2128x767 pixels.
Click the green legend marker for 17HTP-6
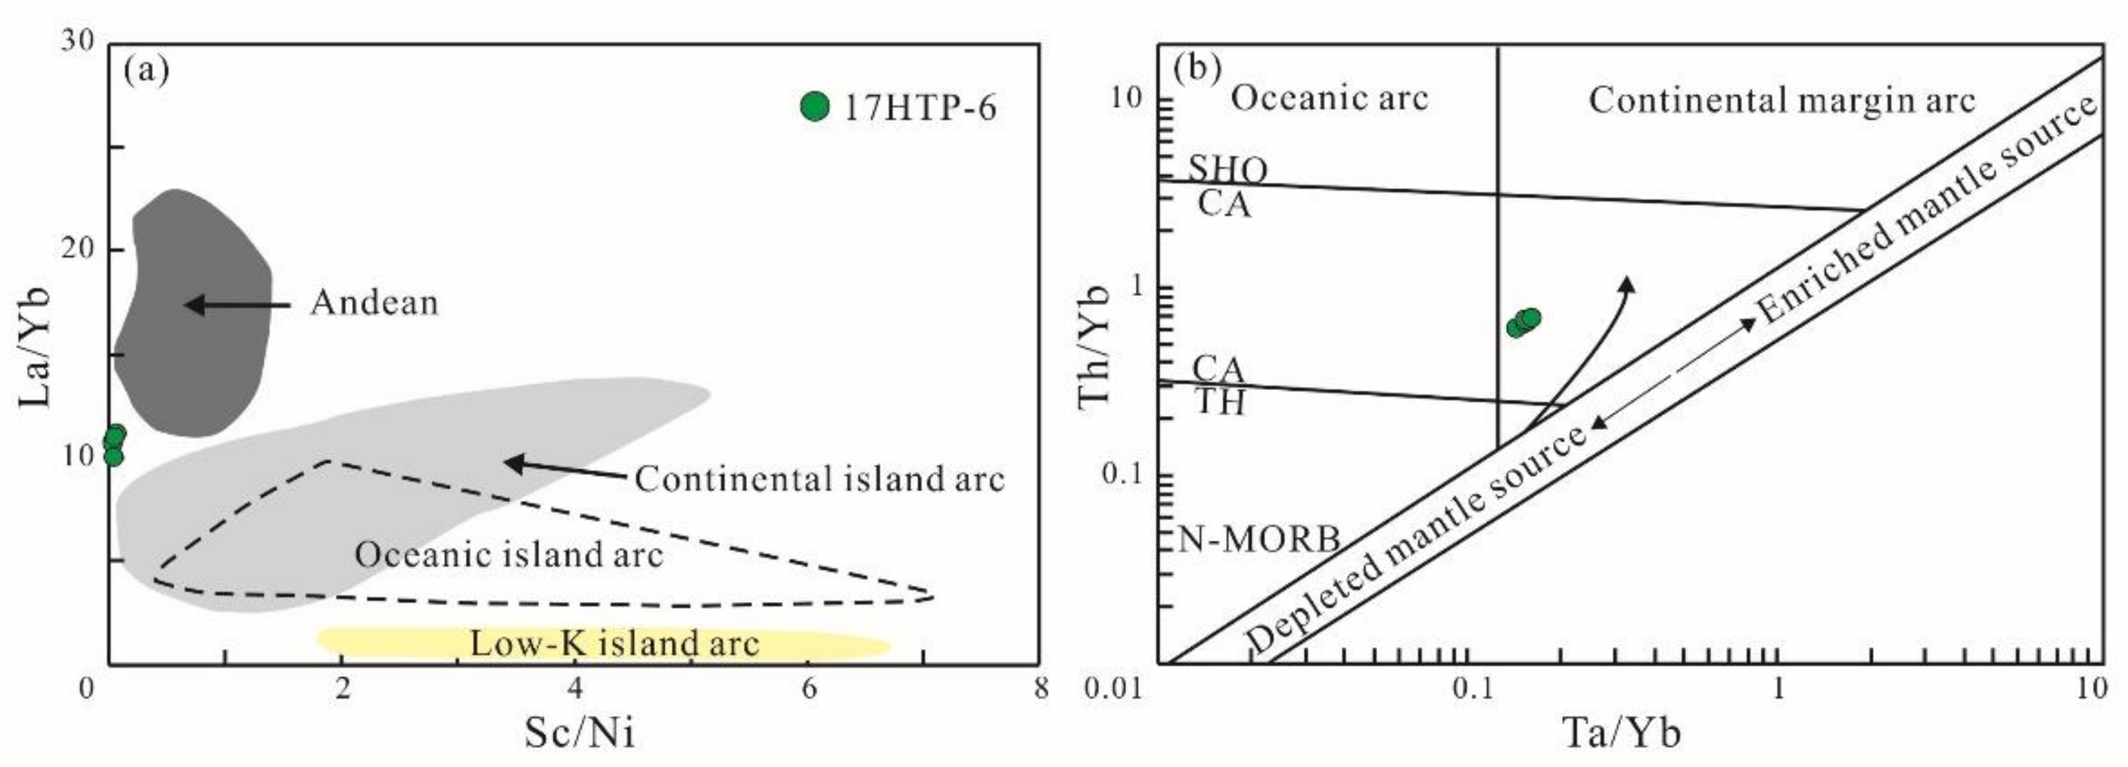click(x=815, y=107)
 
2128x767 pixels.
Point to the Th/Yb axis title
click(x=1095, y=346)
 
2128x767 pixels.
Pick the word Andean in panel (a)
click(x=375, y=304)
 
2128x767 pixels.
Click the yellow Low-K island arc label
click(x=614, y=644)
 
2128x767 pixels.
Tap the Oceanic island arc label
click(x=509, y=554)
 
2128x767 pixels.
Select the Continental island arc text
click(x=819, y=479)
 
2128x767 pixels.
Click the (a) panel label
click(x=146, y=71)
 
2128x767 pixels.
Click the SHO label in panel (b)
click(x=1227, y=170)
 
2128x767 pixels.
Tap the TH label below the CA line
click(x=1219, y=403)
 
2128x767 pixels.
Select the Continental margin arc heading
click(x=1782, y=101)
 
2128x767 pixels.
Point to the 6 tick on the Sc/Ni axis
click(x=809, y=688)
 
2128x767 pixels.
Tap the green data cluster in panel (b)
click(x=1523, y=323)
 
